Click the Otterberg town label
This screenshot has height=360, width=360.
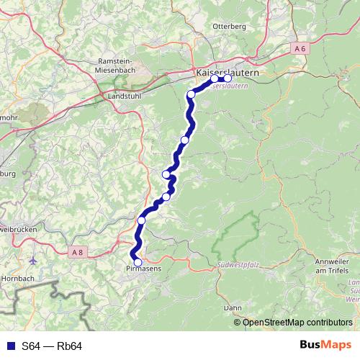coord(230,26)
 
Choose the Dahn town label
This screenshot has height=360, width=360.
coord(233,307)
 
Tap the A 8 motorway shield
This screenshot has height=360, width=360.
coord(78,251)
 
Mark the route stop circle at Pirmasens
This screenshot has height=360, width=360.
coord(138,263)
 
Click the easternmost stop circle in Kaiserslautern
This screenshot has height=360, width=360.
coord(228,79)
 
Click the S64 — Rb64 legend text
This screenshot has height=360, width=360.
coord(51,346)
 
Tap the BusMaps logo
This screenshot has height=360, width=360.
coord(326,346)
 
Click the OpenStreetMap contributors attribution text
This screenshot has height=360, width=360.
coord(297,322)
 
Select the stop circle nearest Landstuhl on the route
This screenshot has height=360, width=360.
coord(191,95)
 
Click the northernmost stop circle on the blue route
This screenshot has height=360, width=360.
coord(215,79)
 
